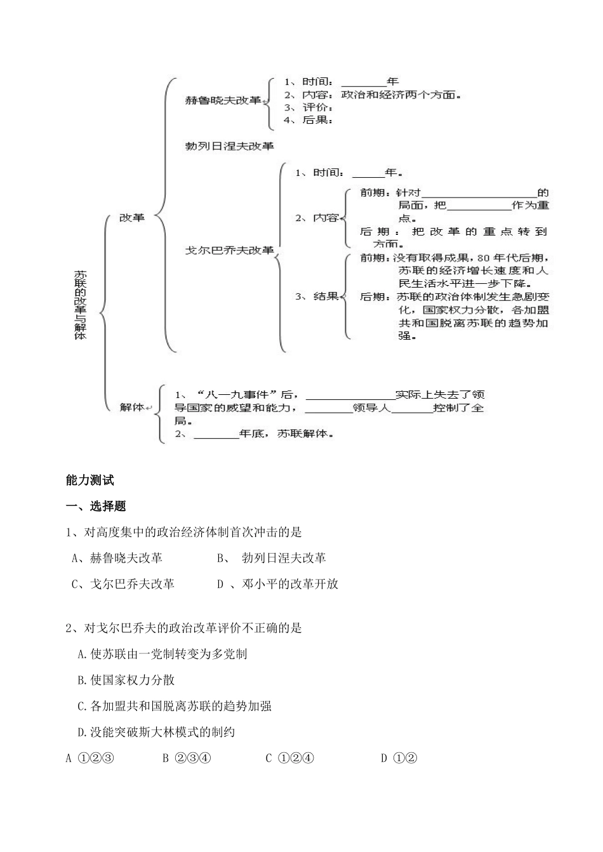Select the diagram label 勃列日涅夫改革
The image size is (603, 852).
point(229,146)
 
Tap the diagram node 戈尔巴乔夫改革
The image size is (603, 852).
point(229,250)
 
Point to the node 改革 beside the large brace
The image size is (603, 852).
point(133,217)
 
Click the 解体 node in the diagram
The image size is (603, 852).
point(132,408)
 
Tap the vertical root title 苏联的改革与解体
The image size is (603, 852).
point(81,305)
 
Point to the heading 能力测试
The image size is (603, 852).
point(90,480)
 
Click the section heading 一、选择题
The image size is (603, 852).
point(96,506)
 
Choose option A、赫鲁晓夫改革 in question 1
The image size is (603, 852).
point(117,558)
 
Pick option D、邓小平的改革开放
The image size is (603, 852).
point(277,584)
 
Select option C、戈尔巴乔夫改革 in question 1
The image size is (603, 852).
point(123,584)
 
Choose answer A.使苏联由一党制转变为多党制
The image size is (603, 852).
point(162,654)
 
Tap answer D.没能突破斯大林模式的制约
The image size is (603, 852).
point(156,732)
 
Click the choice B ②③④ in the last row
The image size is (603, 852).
point(187,758)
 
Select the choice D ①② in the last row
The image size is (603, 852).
point(399,758)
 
